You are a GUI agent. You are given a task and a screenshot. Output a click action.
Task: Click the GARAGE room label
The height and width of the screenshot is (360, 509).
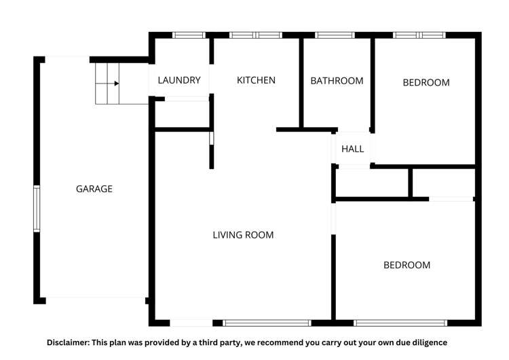pyautogui.click(x=94, y=189)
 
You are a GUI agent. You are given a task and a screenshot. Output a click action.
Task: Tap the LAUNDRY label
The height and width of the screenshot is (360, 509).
pyautogui.click(x=179, y=80)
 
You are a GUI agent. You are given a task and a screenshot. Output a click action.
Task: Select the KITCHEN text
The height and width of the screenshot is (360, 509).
pyautogui.click(x=256, y=80)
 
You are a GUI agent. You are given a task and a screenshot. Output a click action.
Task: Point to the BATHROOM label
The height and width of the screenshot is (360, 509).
pyautogui.click(x=337, y=81)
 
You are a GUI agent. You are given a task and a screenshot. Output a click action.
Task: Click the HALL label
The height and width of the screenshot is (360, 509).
pyautogui.click(x=352, y=149)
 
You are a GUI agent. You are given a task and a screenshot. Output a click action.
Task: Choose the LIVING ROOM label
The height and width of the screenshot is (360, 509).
pyautogui.click(x=243, y=235)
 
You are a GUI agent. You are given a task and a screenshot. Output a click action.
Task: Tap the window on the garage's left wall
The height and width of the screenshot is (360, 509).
pyautogui.click(x=37, y=209)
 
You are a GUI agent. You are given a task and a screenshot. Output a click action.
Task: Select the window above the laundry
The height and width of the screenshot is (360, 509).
pyautogui.click(x=189, y=35)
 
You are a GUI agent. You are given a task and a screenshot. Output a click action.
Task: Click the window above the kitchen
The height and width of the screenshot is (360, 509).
pyautogui.click(x=255, y=35)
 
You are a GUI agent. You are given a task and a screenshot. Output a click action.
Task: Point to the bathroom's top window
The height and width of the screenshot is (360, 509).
pyautogui.click(x=335, y=35)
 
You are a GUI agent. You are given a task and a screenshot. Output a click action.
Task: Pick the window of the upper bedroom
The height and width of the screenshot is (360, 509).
pyautogui.click(x=419, y=35)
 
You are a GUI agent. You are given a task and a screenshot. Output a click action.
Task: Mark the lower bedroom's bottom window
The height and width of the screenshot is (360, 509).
pyautogui.click(x=400, y=323)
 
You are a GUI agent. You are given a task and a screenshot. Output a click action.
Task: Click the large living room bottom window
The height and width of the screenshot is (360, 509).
pyautogui.click(x=267, y=323)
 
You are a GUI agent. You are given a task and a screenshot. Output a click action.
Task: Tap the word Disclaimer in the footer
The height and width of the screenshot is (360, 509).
pyautogui.click(x=71, y=342)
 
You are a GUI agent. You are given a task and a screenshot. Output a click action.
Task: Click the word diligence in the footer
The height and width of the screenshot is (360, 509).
pyautogui.click(x=428, y=342)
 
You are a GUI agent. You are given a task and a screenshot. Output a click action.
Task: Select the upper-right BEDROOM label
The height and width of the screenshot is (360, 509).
pyautogui.click(x=426, y=83)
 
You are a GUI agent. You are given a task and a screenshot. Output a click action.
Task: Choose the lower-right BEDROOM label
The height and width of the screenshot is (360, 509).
pyautogui.click(x=407, y=265)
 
